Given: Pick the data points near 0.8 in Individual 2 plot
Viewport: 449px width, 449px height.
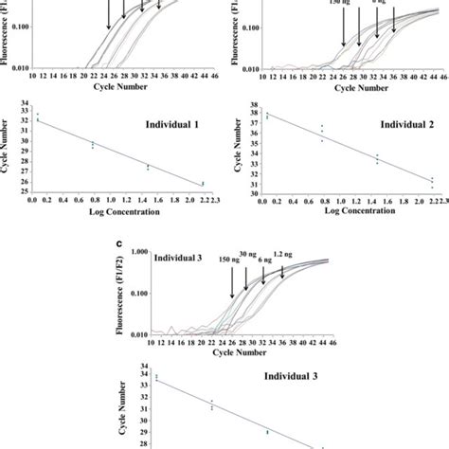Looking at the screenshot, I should [x=322, y=132].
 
